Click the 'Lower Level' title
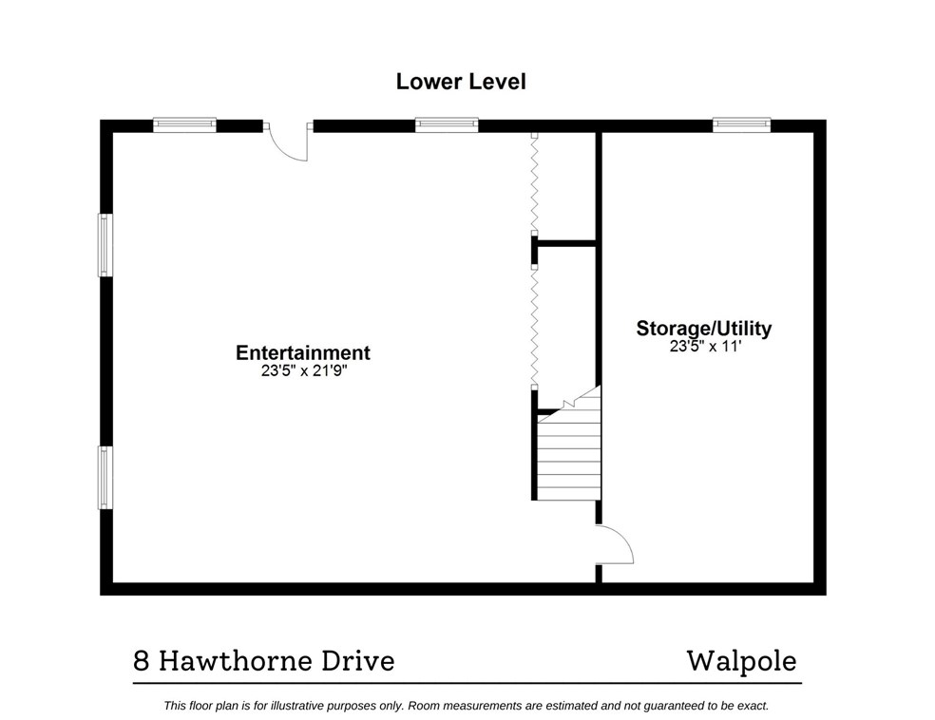click(460, 82)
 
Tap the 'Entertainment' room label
click(302, 353)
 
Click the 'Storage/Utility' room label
click(703, 329)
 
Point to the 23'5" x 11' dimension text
click(703, 347)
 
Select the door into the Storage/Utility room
click(613, 547)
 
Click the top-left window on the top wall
click(185, 124)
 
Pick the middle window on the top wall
click(446, 124)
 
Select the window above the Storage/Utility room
click(741, 124)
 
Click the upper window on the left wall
click(105, 245)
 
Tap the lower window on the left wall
click(105, 477)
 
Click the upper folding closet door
click(535, 185)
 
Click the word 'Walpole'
click(741, 661)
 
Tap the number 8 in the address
click(141, 661)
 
